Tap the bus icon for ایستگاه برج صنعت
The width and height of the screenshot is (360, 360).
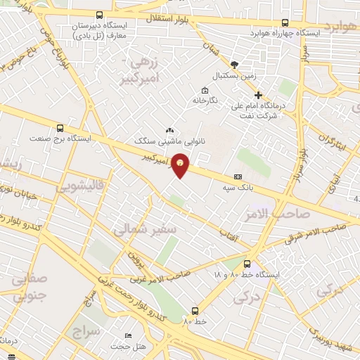60,129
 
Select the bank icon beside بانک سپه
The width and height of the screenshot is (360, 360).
238,176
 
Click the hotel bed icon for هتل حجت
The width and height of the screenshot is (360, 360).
127,336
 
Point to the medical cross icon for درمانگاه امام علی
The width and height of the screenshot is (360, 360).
258,95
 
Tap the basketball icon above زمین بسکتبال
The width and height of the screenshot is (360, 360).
233,64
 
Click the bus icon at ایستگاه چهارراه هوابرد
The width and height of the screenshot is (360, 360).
284,22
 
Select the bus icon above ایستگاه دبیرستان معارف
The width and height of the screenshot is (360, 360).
98,15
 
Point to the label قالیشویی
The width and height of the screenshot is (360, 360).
81,187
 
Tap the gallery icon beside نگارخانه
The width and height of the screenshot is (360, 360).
205,90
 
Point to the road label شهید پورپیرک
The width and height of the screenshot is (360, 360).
332,330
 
